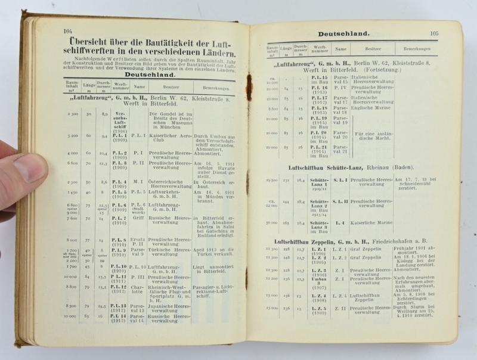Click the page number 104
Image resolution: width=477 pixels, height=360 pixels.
(x=67, y=31)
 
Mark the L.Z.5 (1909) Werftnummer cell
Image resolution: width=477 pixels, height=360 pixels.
(x=319, y=311)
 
